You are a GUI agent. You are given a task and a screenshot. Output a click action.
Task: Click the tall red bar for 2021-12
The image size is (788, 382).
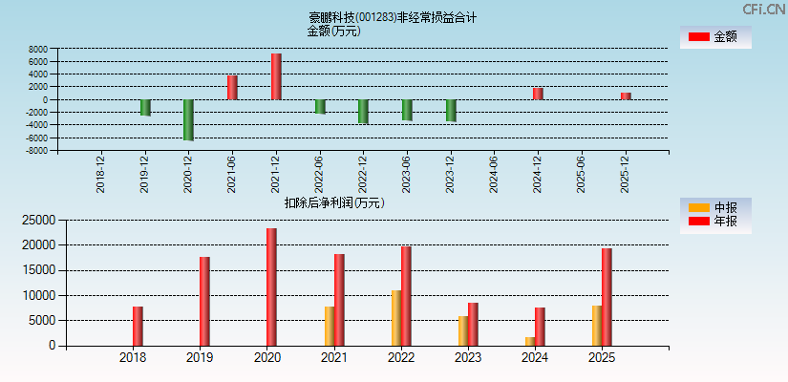(x=276, y=76)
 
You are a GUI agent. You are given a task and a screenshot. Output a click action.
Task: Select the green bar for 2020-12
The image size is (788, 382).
(x=188, y=119)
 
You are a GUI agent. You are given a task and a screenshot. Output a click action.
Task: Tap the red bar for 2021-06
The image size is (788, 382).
(x=232, y=87)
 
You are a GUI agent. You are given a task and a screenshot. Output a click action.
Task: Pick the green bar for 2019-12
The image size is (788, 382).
(x=145, y=107)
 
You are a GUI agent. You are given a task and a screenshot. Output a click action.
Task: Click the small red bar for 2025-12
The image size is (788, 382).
(x=626, y=95)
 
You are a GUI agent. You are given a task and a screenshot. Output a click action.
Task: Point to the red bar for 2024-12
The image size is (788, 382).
(x=538, y=94)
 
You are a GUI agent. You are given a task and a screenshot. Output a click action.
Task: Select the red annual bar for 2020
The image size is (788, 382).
(x=271, y=286)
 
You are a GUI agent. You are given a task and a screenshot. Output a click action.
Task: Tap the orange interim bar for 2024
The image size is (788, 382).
(x=530, y=341)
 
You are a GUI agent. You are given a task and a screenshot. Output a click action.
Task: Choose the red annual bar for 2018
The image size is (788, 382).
(x=138, y=326)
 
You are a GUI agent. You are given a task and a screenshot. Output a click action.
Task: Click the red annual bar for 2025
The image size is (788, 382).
(x=607, y=297)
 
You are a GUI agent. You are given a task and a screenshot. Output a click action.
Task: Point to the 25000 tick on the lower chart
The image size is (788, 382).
(x=36, y=220)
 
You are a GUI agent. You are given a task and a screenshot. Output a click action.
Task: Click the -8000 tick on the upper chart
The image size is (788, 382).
(x=36, y=151)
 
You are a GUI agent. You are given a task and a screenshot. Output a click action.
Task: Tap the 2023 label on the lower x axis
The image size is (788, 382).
(x=467, y=358)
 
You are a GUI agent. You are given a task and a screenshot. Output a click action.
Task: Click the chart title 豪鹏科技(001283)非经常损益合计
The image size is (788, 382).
(x=393, y=17)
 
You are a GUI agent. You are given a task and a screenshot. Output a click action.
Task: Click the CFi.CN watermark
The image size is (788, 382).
(x=763, y=9)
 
